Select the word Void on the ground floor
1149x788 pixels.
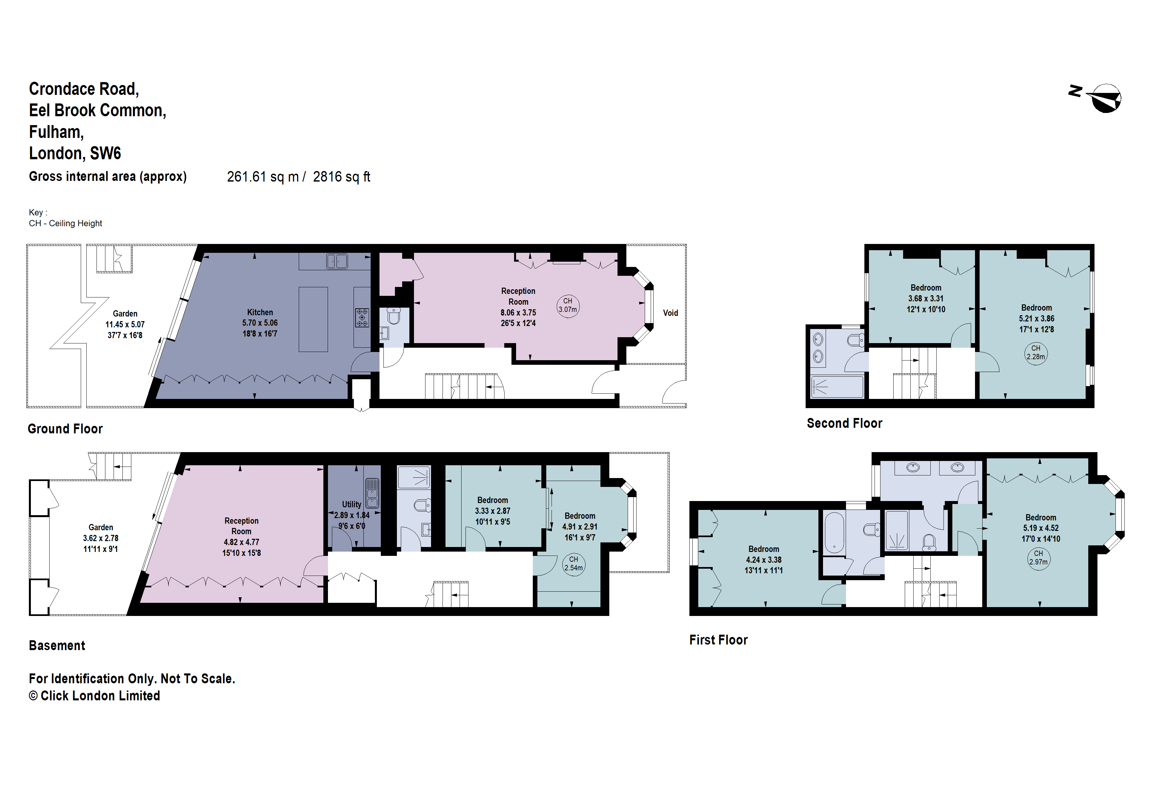[670, 313]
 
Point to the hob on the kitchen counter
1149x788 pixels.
[362, 318]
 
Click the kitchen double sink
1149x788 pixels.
[337, 261]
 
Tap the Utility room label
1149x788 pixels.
[352, 504]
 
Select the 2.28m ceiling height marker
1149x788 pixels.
[1035, 353]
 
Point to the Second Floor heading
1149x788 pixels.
[844, 424]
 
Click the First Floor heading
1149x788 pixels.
[718, 640]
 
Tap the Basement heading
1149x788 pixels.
[57, 646]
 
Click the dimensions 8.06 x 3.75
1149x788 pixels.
[518, 313]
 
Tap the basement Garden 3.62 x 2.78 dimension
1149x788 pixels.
[100, 538]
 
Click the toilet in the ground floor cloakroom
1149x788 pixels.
[394, 316]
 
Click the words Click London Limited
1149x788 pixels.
[100, 696]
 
